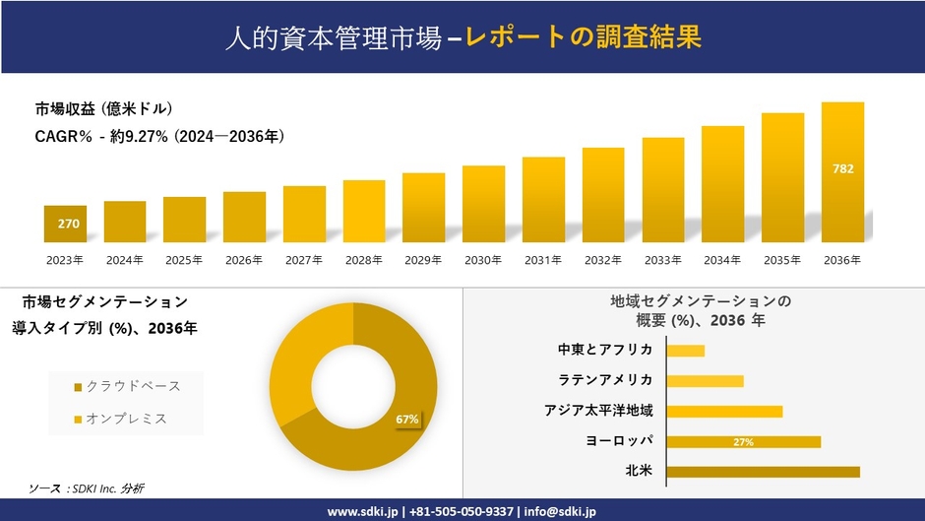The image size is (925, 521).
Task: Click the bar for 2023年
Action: point(65,224)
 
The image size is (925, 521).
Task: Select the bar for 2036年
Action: point(842,172)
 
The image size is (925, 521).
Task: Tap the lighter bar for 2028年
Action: point(364,211)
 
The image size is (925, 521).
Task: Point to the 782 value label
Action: point(843,168)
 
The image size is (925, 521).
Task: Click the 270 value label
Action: point(68,225)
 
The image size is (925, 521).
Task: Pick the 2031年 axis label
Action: point(543,260)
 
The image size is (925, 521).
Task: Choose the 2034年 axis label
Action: point(722,260)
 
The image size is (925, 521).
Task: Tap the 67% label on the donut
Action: point(407,420)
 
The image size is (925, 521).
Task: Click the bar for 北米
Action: point(763,472)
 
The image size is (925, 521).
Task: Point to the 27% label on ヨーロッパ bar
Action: point(743,442)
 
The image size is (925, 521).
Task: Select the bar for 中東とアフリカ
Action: point(685,351)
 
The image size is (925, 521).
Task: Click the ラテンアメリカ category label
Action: point(605,380)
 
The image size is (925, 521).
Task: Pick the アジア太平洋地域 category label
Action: point(598,411)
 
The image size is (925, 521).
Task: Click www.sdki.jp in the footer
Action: point(361,511)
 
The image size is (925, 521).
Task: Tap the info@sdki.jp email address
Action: point(560,511)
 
